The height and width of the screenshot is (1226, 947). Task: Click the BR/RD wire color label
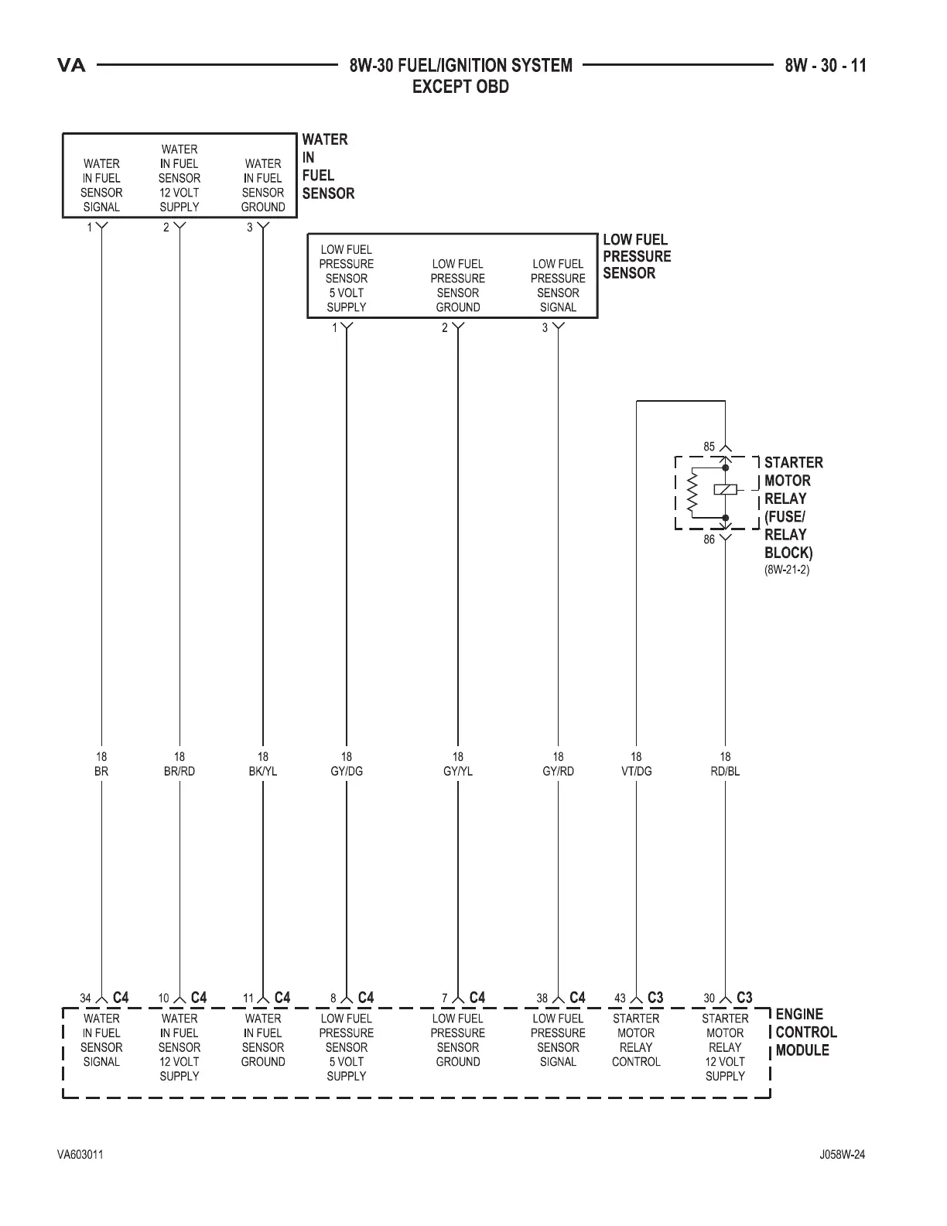pyautogui.click(x=179, y=771)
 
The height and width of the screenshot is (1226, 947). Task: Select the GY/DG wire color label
pyautogui.click(x=347, y=771)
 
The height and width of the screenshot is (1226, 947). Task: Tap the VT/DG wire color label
pyautogui.click(x=636, y=771)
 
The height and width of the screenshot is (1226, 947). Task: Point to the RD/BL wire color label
pyautogui.click(x=725, y=771)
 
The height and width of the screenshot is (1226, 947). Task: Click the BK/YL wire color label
pyautogui.click(x=263, y=771)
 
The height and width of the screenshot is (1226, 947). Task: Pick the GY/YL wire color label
pyautogui.click(x=458, y=771)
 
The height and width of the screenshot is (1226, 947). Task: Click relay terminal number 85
pyautogui.click(x=709, y=447)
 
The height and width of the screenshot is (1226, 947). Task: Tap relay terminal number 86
pyautogui.click(x=709, y=539)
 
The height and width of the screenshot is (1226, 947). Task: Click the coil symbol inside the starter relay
pyautogui.click(x=726, y=489)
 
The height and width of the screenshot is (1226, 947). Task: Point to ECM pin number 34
pyautogui.click(x=86, y=998)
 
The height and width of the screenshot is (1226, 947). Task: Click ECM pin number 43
pyautogui.click(x=620, y=998)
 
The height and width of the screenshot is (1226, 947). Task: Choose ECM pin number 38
pyautogui.click(x=542, y=998)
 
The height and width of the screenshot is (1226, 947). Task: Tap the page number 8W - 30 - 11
pyautogui.click(x=826, y=66)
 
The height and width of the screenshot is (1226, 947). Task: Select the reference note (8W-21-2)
pyautogui.click(x=787, y=570)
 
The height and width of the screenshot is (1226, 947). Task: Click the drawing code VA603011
pyautogui.click(x=80, y=1155)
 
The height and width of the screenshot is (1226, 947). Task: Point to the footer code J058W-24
pyautogui.click(x=842, y=1155)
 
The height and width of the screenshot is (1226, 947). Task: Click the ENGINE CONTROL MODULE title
pyautogui.click(x=805, y=1032)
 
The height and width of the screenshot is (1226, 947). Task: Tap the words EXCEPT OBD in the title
pyautogui.click(x=460, y=87)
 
